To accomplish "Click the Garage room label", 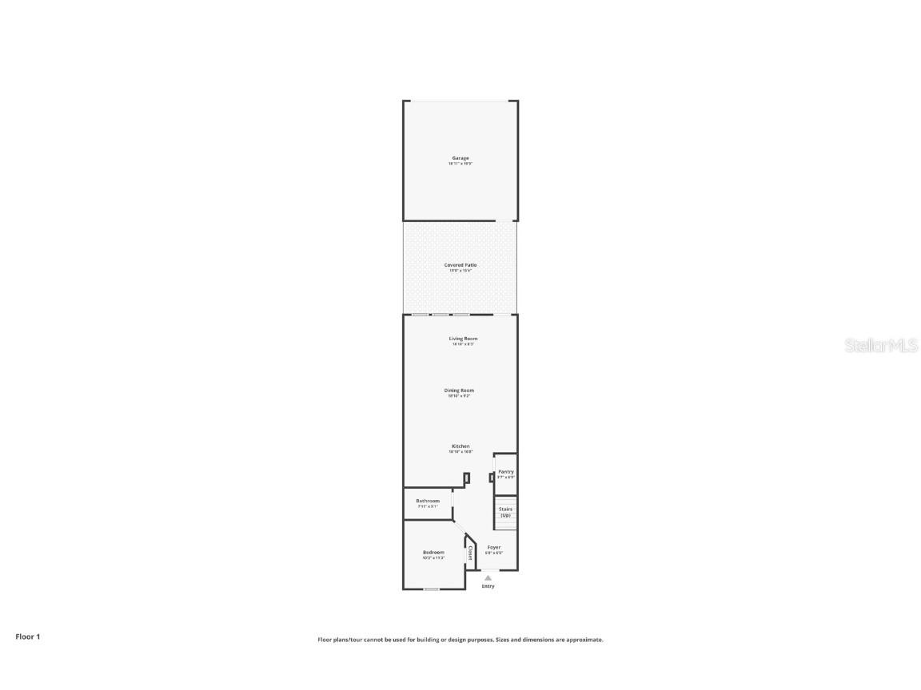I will [x=460, y=158].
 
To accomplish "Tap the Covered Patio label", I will [x=460, y=264].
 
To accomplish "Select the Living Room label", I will [x=463, y=339].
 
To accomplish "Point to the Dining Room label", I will [x=459, y=391].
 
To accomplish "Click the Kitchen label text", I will [x=460, y=446].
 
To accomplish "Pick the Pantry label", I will [x=506, y=472].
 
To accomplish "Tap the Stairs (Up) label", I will [x=505, y=512].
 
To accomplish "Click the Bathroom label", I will [x=428, y=501].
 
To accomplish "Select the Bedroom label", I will [x=433, y=552].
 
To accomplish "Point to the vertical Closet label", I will [x=470, y=553].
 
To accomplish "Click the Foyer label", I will [x=494, y=547].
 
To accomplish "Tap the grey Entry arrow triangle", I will [x=488, y=577].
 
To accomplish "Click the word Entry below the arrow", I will [x=488, y=586].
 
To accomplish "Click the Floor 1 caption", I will [x=27, y=636].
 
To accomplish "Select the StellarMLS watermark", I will [x=882, y=345].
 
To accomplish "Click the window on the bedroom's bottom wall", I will [x=432, y=589].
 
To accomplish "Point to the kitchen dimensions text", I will [x=460, y=452].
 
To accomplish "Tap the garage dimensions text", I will [x=460, y=164].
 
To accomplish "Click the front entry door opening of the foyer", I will [x=488, y=569].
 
